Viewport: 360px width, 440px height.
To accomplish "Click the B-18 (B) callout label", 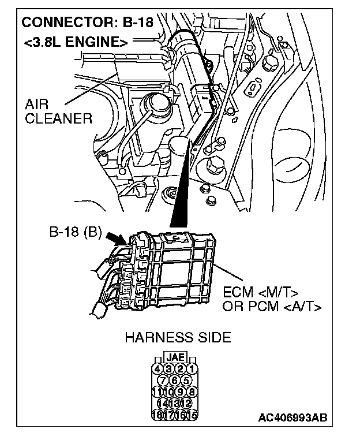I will pyautogui.click(x=76, y=234).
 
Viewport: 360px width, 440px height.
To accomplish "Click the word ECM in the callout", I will pyautogui.click(x=237, y=292).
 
